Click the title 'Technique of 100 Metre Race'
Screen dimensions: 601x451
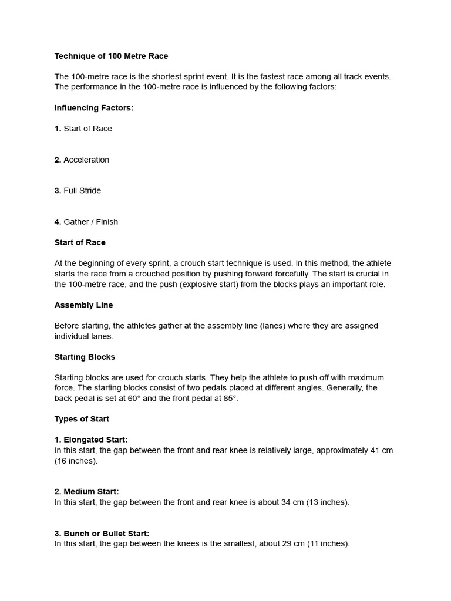111,56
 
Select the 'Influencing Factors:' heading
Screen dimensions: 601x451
94,108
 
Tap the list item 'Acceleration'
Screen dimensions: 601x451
86,160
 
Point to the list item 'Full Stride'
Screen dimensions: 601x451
82,191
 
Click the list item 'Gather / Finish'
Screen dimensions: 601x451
90,222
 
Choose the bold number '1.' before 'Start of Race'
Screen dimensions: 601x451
58,129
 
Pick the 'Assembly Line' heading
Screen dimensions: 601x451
83,305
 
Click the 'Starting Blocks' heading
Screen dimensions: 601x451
85,357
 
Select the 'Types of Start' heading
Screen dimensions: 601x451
82,419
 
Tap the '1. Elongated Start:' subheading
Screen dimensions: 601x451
91,440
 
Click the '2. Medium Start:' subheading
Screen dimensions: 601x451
86,492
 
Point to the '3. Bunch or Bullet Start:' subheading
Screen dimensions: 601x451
102,534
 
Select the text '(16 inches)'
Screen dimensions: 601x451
76,461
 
